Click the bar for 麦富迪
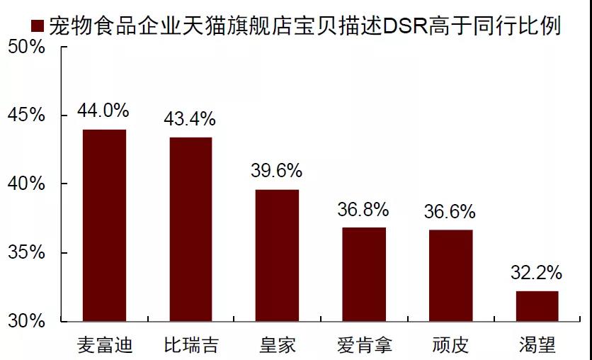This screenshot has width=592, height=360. pyautogui.click(x=104, y=225)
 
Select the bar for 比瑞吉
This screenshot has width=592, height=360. pyautogui.click(x=190, y=229)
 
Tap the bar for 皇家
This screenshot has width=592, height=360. pyautogui.click(x=277, y=255)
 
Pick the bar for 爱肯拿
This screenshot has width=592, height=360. pyautogui.click(x=364, y=274)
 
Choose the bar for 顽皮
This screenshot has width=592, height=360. pyautogui.click(x=450, y=276)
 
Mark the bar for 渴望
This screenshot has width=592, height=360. pyautogui.click(x=537, y=305)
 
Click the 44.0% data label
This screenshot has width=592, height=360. pyautogui.click(x=104, y=111)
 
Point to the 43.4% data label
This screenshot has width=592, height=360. pyautogui.click(x=190, y=119)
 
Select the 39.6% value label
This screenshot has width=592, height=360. pyautogui.click(x=277, y=171)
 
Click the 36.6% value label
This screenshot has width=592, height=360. pyautogui.click(x=450, y=211)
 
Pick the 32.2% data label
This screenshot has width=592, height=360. pyautogui.click(x=537, y=272)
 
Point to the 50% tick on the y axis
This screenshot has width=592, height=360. pyautogui.click(x=26, y=47)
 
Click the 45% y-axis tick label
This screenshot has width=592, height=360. pyautogui.click(x=26, y=116)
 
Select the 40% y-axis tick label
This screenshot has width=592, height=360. pyautogui.click(x=26, y=184)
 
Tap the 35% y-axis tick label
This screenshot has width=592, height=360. pyautogui.click(x=26, y=253)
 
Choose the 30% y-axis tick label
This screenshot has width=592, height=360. pyautogui.click(x=26, y=321)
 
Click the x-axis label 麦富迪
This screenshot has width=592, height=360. pyautogui.click(x=104, y=346)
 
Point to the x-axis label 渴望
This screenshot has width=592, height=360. pyautogui.click(x=537, y=346)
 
